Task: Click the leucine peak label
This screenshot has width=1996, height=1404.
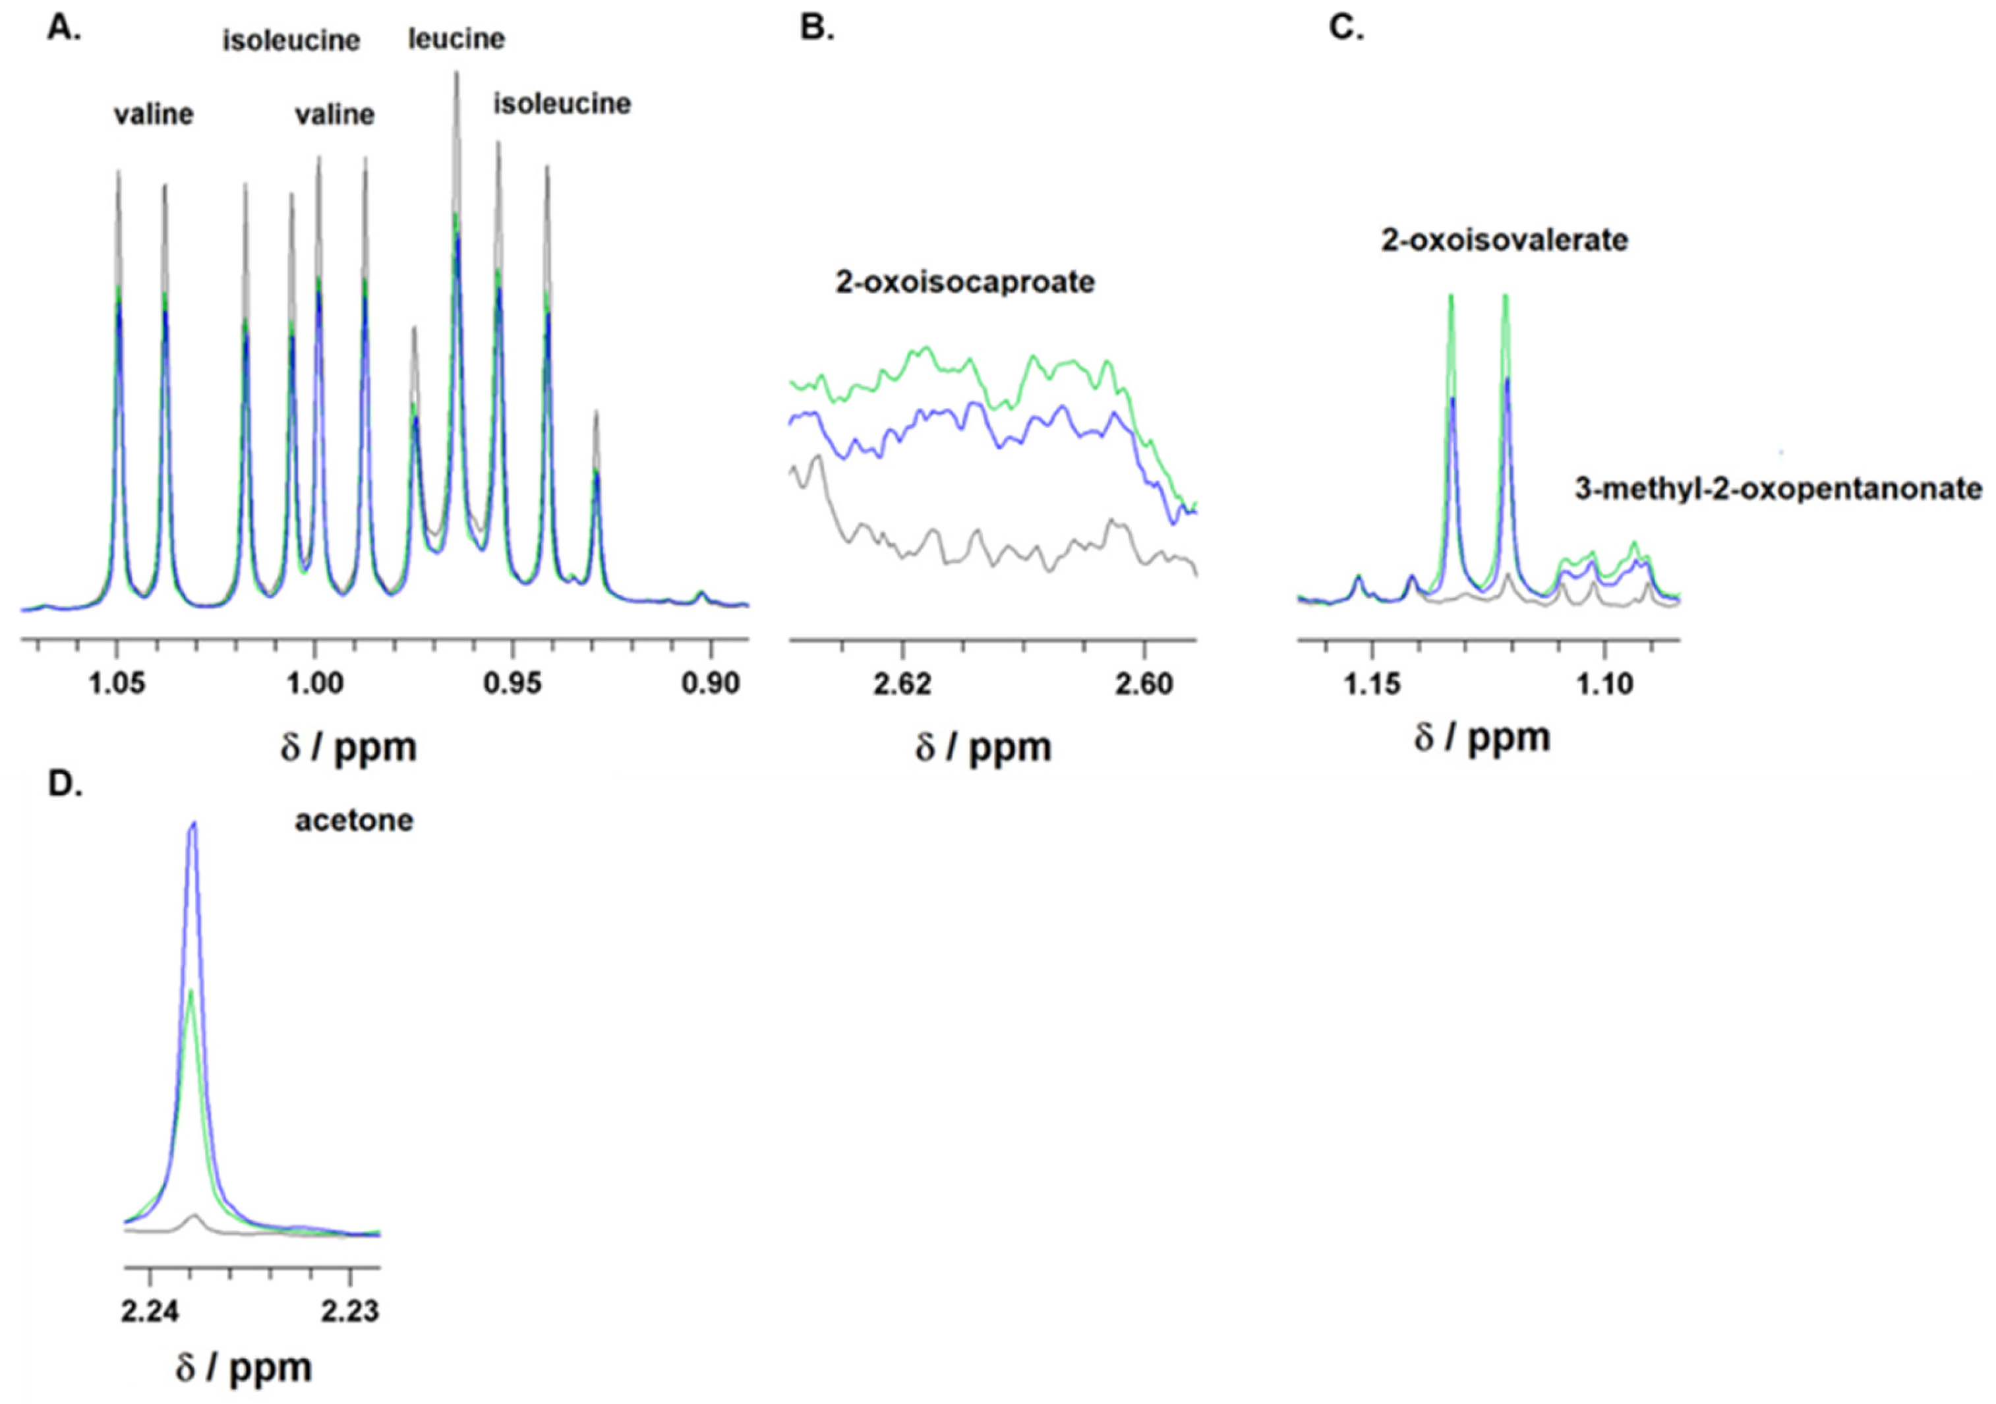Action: pyautogui.click(x=456, y=39)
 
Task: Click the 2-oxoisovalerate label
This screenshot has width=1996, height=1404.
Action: pyautogui.click(x=1504, y=240)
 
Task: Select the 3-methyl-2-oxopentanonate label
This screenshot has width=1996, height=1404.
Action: pyautogui.click(x=1778, y=490)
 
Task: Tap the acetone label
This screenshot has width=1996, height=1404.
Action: pyautogui.click(x=354, y=821)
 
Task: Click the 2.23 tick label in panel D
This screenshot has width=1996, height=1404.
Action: pyautogui.click(x=349, y=1310)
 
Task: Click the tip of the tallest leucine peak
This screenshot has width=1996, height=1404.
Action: pyautogui.click(x=456, y=73)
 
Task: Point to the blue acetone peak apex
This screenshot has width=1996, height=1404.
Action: pyautogui.click(x=194, y=823)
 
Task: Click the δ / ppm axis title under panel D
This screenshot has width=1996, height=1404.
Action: pyautogui.click(x=243, y=1368)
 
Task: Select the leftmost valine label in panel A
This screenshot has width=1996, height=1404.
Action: pyautogui.click(x=154, y=115)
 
